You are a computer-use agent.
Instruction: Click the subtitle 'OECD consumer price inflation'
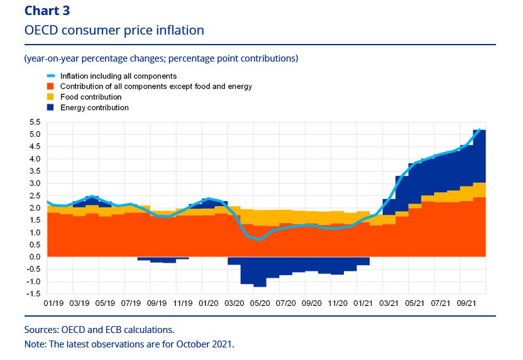114,30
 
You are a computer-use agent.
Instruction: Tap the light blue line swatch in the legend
51,76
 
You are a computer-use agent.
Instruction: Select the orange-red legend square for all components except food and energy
51,87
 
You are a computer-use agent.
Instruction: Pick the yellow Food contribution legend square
51,97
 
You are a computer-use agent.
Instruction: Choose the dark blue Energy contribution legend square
51,108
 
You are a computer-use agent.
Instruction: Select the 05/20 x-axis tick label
259,303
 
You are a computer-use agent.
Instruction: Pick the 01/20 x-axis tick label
207,303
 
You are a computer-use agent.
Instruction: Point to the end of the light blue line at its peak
480,130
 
